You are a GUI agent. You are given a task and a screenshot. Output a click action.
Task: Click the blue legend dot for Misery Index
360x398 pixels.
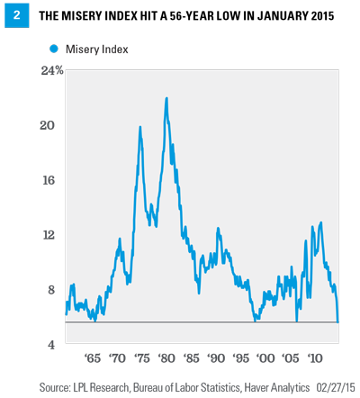55,49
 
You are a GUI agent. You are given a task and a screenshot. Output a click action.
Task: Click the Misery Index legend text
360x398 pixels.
97,50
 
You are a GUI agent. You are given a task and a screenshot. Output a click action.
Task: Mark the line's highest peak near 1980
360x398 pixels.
166,97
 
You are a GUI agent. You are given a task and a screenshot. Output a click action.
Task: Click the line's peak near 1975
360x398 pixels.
139,127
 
